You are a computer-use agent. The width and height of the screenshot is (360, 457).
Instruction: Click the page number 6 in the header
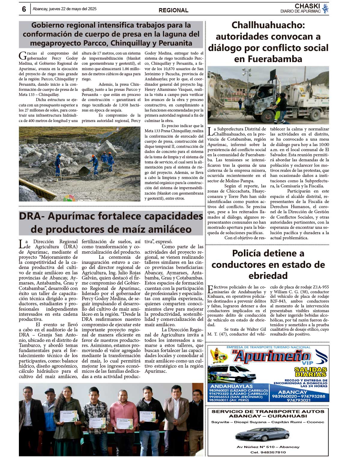pos(24,9)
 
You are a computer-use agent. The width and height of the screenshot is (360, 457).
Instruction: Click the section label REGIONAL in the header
pos(173,10)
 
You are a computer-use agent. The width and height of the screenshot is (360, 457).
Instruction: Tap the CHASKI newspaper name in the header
pos(307,6)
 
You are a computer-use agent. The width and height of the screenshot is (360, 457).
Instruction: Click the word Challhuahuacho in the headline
pos(268,25)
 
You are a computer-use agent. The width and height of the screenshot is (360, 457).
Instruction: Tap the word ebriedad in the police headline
pos(268,276)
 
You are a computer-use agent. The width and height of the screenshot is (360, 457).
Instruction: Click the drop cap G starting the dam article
pos(22,55)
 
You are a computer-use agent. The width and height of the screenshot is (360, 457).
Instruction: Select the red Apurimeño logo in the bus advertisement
pos(271,357)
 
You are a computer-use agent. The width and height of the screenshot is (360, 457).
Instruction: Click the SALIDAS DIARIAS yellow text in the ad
pos(310,372)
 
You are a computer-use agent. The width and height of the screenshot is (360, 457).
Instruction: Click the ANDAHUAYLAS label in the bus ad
pos(231,386)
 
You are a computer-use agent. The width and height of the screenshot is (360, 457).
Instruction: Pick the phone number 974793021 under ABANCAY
pos(298,400)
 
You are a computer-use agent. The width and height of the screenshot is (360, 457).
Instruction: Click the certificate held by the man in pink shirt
pos(123,423)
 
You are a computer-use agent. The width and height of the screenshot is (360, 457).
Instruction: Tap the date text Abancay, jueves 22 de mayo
pos(64,9)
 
